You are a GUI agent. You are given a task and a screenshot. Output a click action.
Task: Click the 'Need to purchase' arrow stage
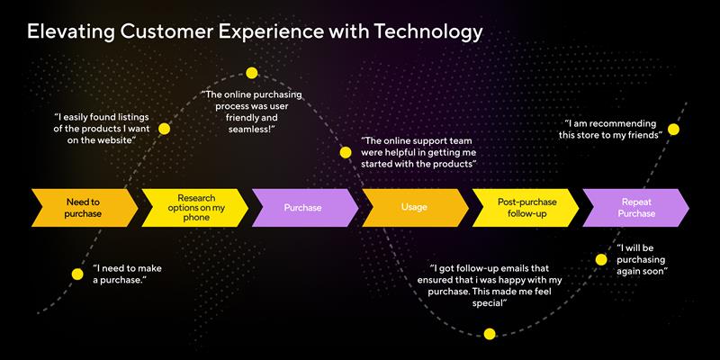tap(83, 207)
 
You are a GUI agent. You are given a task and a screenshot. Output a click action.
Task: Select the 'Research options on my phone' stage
tap(194, 207)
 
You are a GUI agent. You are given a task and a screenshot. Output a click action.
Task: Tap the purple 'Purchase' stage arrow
tap(302, 207)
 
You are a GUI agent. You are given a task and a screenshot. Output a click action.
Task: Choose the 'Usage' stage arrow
tap(413, 207)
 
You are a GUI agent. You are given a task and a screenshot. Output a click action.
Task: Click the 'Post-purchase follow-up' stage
tap(524, 207)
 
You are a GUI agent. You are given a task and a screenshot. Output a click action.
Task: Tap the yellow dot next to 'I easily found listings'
tap(164, 129)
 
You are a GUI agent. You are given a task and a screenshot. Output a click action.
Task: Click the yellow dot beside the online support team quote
tap(345, 152)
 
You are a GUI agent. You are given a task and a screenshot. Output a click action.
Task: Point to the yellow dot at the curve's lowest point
tap(490, 334)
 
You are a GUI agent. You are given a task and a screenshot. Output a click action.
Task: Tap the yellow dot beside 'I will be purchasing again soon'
tap(601, 259)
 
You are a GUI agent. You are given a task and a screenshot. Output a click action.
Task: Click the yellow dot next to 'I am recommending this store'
tap(673, 129)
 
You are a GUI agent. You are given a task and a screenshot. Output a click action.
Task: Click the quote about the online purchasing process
tap(252, 112)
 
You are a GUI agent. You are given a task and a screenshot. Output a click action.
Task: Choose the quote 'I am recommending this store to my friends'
tap(613, 129)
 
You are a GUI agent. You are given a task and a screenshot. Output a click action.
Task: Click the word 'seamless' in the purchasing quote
tap(252, 130)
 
